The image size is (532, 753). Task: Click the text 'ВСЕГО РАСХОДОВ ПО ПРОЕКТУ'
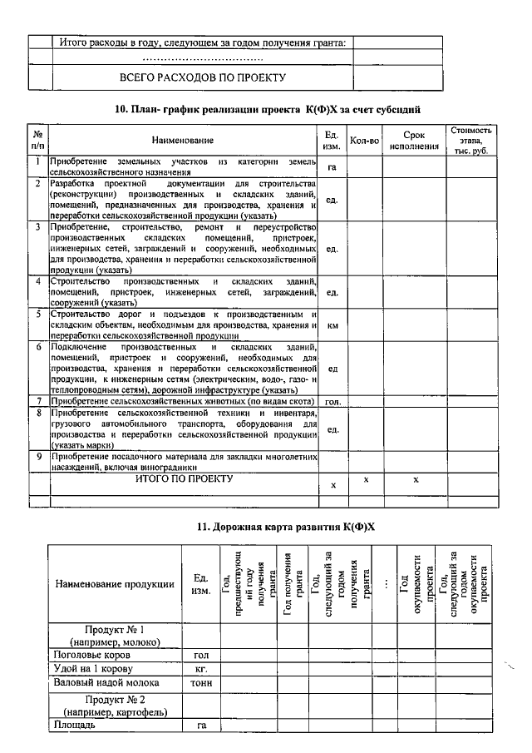pyautogui.click(x=203, y=77)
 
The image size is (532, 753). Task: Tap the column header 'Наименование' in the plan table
pyautogui.click(x=182, y=141)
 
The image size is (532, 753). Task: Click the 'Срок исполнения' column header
pyautogui.click(x=414, y=141)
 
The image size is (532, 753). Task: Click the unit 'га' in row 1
pyautogui.click(x=332, y=168)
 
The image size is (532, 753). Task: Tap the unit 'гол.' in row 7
pyautogui.click(x=332, y=401)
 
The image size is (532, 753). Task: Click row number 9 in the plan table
pyautogui.click(x=38, y=457)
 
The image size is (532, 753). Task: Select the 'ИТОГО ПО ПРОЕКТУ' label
pyautogui.click(x=184, y=479)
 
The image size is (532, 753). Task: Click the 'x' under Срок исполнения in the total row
pyautogui.click(x=415, y=480)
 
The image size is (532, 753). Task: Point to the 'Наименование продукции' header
pyautogui.click(x=115, y=583)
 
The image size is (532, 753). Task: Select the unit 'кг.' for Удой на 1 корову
pyautogui.click(x=200, y=669)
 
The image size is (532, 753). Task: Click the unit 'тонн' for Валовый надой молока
pyautogui.click(x=200, y=682)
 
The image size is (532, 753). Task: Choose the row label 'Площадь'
pyautogui.click(x=74, y=725)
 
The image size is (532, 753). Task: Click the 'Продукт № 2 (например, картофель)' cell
pyautogui.click(x=115, y=705)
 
